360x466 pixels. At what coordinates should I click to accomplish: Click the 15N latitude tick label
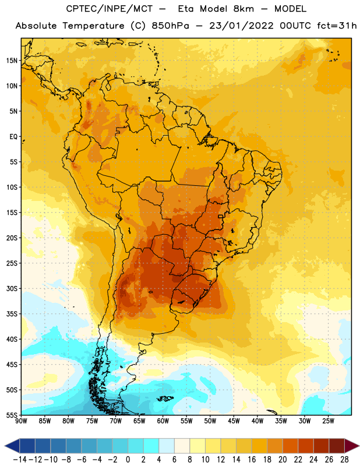point(12,61)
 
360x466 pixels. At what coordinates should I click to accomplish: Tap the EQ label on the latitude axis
point(13,137)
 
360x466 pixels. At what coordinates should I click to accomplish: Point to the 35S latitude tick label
point(12,314)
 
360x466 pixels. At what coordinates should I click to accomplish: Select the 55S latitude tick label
point(12,415)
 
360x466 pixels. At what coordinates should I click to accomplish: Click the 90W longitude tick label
point(21,421)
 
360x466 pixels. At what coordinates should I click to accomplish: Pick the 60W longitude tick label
point(163,421)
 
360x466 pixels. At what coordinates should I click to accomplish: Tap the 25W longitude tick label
point(328,421)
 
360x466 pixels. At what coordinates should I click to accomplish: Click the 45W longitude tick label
point(234,421)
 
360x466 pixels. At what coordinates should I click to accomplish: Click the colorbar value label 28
point(344,460)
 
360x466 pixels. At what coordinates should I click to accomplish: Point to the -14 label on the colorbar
point(20,460)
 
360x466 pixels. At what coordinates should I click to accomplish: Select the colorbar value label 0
point(128,460)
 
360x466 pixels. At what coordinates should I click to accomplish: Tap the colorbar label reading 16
point(252,460)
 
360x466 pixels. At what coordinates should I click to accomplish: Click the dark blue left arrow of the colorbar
point(12,446)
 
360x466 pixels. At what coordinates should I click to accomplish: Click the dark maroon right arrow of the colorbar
point(352,446)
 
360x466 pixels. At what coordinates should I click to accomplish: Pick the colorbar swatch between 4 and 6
point(167,446)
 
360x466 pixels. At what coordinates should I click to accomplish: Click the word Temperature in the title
point(93,26)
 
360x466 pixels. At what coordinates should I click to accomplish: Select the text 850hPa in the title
point(170,26)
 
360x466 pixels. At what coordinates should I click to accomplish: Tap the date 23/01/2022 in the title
point(241,26)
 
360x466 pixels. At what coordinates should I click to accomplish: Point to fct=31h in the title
point(337,26)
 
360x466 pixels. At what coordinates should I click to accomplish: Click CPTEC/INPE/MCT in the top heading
point(110,9)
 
